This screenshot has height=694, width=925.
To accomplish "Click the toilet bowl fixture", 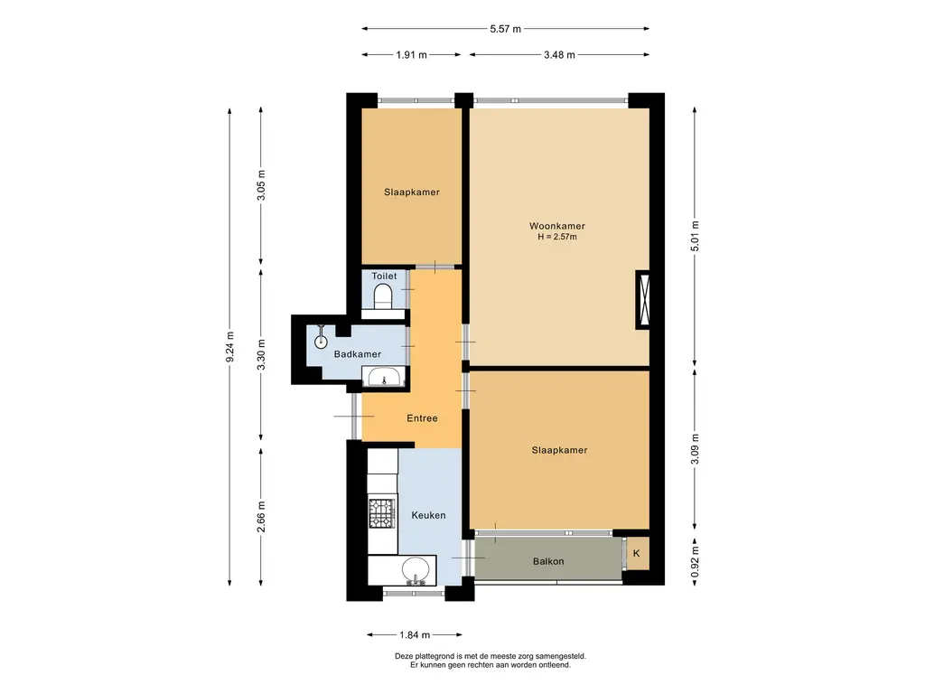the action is (x=383, y=295).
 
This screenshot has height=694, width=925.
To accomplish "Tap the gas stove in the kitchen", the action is (x=382, y=513).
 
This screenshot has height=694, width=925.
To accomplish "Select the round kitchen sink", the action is (x=416, y=570).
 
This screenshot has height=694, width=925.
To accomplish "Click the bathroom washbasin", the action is (x=384, y=376).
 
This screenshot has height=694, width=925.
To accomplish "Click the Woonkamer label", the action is (x=556, y=225).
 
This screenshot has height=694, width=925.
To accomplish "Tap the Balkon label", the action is (x=548, y=561).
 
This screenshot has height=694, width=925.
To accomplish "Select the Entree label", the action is (x=423, y=417).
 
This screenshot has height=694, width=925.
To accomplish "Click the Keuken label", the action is (x=428, y=515).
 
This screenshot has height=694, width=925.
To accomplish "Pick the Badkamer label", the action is (x=358, y=354).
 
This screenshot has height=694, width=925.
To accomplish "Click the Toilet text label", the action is (x=384, y=276).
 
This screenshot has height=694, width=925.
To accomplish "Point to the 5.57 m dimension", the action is (x=506, y=28).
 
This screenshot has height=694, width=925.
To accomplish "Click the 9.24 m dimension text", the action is (x=230, y=346).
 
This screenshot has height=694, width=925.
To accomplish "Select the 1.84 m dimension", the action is (x=415, y=635).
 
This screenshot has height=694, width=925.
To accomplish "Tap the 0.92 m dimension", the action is (x=695, y=562).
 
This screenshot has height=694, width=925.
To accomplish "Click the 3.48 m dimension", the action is (x=559, y=55).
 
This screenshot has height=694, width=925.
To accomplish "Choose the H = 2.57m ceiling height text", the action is (x=556, y=238).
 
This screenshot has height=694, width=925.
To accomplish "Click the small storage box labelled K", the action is (x=637, y=554).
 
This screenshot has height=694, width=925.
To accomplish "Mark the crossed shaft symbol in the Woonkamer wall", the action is (x=642, y=299).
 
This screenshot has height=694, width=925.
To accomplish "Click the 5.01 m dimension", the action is (x=695, y=236).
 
